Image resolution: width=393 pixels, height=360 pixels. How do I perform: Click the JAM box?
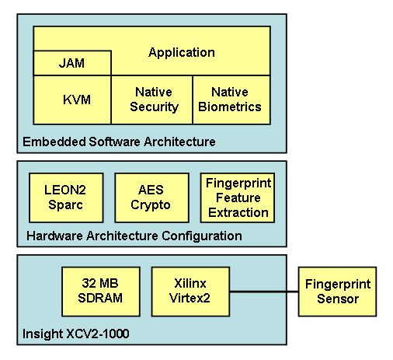coord(72,63)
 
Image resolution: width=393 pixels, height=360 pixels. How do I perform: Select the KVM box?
coord(72,100)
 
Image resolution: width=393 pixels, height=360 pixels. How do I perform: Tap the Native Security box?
coord(152,100)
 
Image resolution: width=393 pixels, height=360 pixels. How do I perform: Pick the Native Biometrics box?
coord(231,100)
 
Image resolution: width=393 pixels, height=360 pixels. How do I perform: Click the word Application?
coord(182,53)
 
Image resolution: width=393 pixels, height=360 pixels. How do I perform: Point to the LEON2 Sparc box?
coord(66,197)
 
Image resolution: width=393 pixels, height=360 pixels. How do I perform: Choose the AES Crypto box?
coord(151,197)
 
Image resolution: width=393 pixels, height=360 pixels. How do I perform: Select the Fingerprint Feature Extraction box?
coord(238,197)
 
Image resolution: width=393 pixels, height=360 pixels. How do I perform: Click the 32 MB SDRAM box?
coord(101,292)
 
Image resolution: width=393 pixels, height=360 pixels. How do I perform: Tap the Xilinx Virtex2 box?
coord(190,292)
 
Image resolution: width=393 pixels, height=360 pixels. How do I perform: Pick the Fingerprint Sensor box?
coord(337,292)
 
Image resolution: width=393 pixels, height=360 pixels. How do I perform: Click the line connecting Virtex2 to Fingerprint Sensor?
coord(264,292)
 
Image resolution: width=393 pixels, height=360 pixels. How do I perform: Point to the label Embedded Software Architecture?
coord(119,142)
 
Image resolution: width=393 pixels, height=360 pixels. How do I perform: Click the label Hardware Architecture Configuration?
coord(134,236)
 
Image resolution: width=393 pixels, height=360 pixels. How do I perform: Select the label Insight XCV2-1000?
coord(76,334)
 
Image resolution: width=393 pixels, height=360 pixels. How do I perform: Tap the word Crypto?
coord(151,205)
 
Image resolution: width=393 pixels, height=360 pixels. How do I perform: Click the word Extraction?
coord(238,212)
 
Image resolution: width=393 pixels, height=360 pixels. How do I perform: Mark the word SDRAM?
coord(100,298)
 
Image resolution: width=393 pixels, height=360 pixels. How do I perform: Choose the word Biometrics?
coord(230,107)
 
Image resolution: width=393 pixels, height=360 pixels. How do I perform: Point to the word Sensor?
coord(338,299)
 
